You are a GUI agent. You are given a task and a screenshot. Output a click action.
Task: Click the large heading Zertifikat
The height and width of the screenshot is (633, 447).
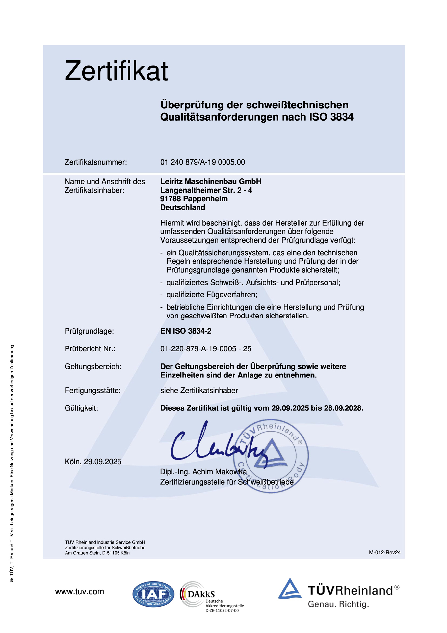tap(116, 71)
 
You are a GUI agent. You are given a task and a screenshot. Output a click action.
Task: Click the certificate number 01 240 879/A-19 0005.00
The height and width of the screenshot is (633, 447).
tap(202, 162)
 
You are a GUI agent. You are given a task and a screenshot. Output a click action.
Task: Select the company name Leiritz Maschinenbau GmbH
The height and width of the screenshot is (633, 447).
tap(211, 181)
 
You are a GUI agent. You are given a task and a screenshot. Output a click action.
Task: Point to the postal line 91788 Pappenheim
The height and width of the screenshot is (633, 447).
tap(194, 199)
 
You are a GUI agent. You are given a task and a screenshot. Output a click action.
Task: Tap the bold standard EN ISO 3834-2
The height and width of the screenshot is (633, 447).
tap(186, 331)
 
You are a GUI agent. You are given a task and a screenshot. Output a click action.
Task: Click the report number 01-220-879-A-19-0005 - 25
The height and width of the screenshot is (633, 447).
tap(206, 349)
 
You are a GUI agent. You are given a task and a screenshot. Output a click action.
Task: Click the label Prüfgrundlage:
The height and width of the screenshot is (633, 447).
tap(89, 331)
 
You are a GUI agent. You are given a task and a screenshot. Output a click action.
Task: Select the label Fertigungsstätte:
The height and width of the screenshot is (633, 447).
tap(93, 391)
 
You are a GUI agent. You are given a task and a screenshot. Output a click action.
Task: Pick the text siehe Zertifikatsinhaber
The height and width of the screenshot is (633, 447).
tap(199, 391)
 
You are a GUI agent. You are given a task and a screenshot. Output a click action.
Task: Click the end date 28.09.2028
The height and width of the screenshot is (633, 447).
tap(343, 408)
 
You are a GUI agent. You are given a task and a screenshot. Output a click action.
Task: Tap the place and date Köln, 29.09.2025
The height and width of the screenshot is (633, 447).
tap(93, 462)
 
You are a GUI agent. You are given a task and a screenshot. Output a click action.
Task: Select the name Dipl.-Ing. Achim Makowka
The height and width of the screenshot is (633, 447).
tap(203, 472)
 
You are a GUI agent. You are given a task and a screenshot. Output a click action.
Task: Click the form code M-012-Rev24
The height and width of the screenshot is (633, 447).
tap(384, 552)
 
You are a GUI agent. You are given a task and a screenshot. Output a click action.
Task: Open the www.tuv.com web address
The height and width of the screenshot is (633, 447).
tap(79, 592)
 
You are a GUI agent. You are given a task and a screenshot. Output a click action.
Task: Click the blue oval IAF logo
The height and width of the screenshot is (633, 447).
tap(153, 594)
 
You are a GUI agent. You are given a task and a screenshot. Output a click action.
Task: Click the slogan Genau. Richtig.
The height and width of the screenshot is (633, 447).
tap(338, 604)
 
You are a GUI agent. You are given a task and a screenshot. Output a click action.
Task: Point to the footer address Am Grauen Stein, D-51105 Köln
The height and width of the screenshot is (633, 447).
tap(97, 553)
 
